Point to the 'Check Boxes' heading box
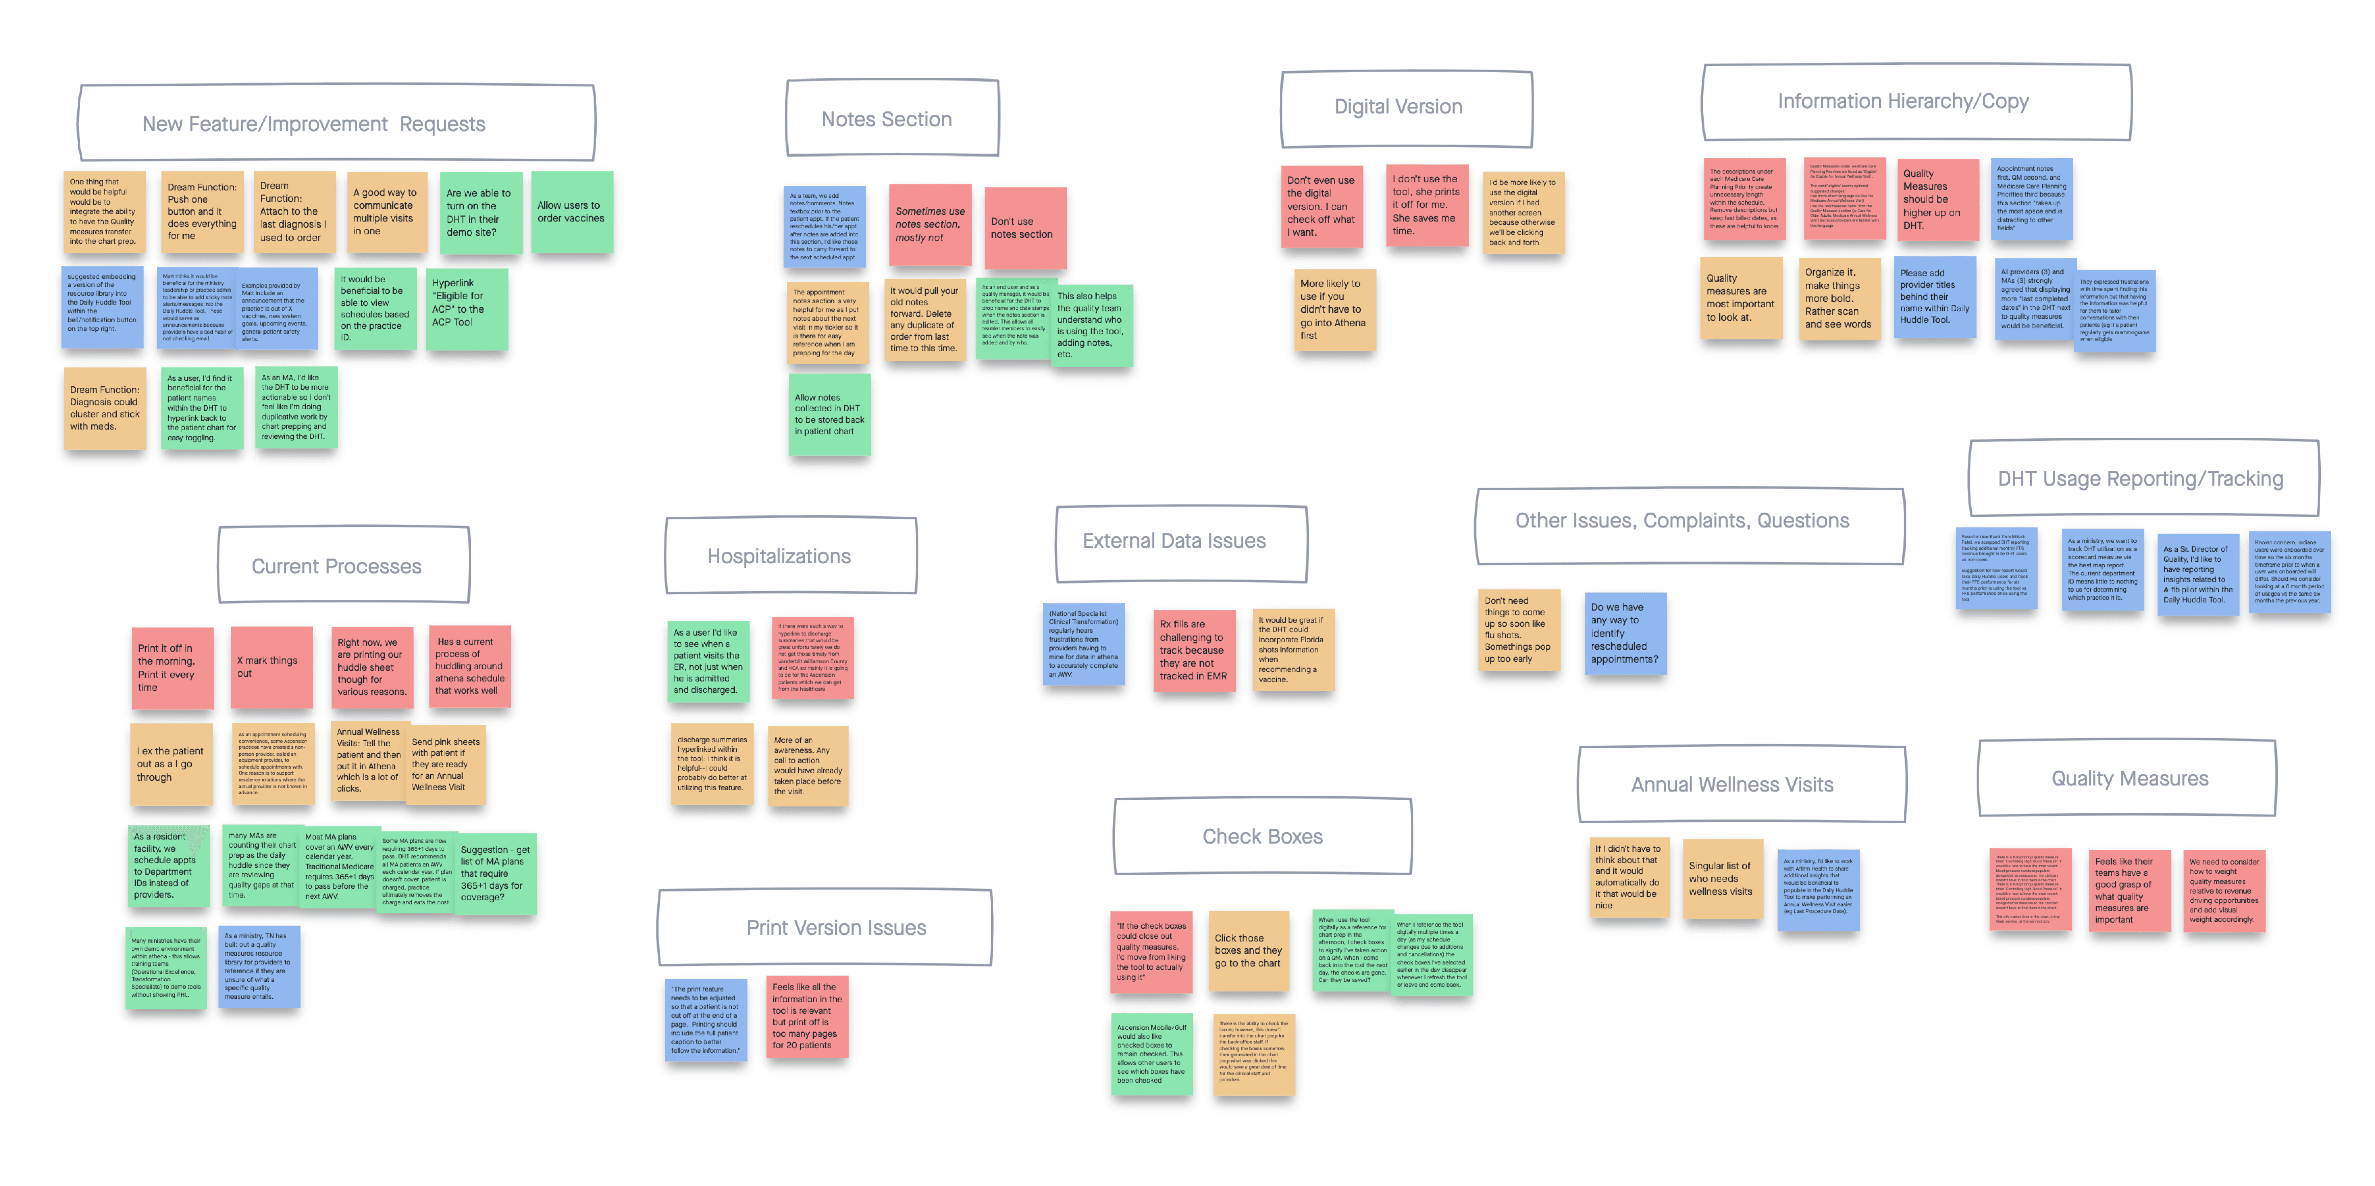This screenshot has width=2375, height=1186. (1262, 836)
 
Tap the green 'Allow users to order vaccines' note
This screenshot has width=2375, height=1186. (572, 212)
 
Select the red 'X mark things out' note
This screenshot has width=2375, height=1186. (271, 667)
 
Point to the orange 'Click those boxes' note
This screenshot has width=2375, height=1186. (1248, 951)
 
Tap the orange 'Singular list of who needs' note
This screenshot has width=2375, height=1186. (1721, 878)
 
